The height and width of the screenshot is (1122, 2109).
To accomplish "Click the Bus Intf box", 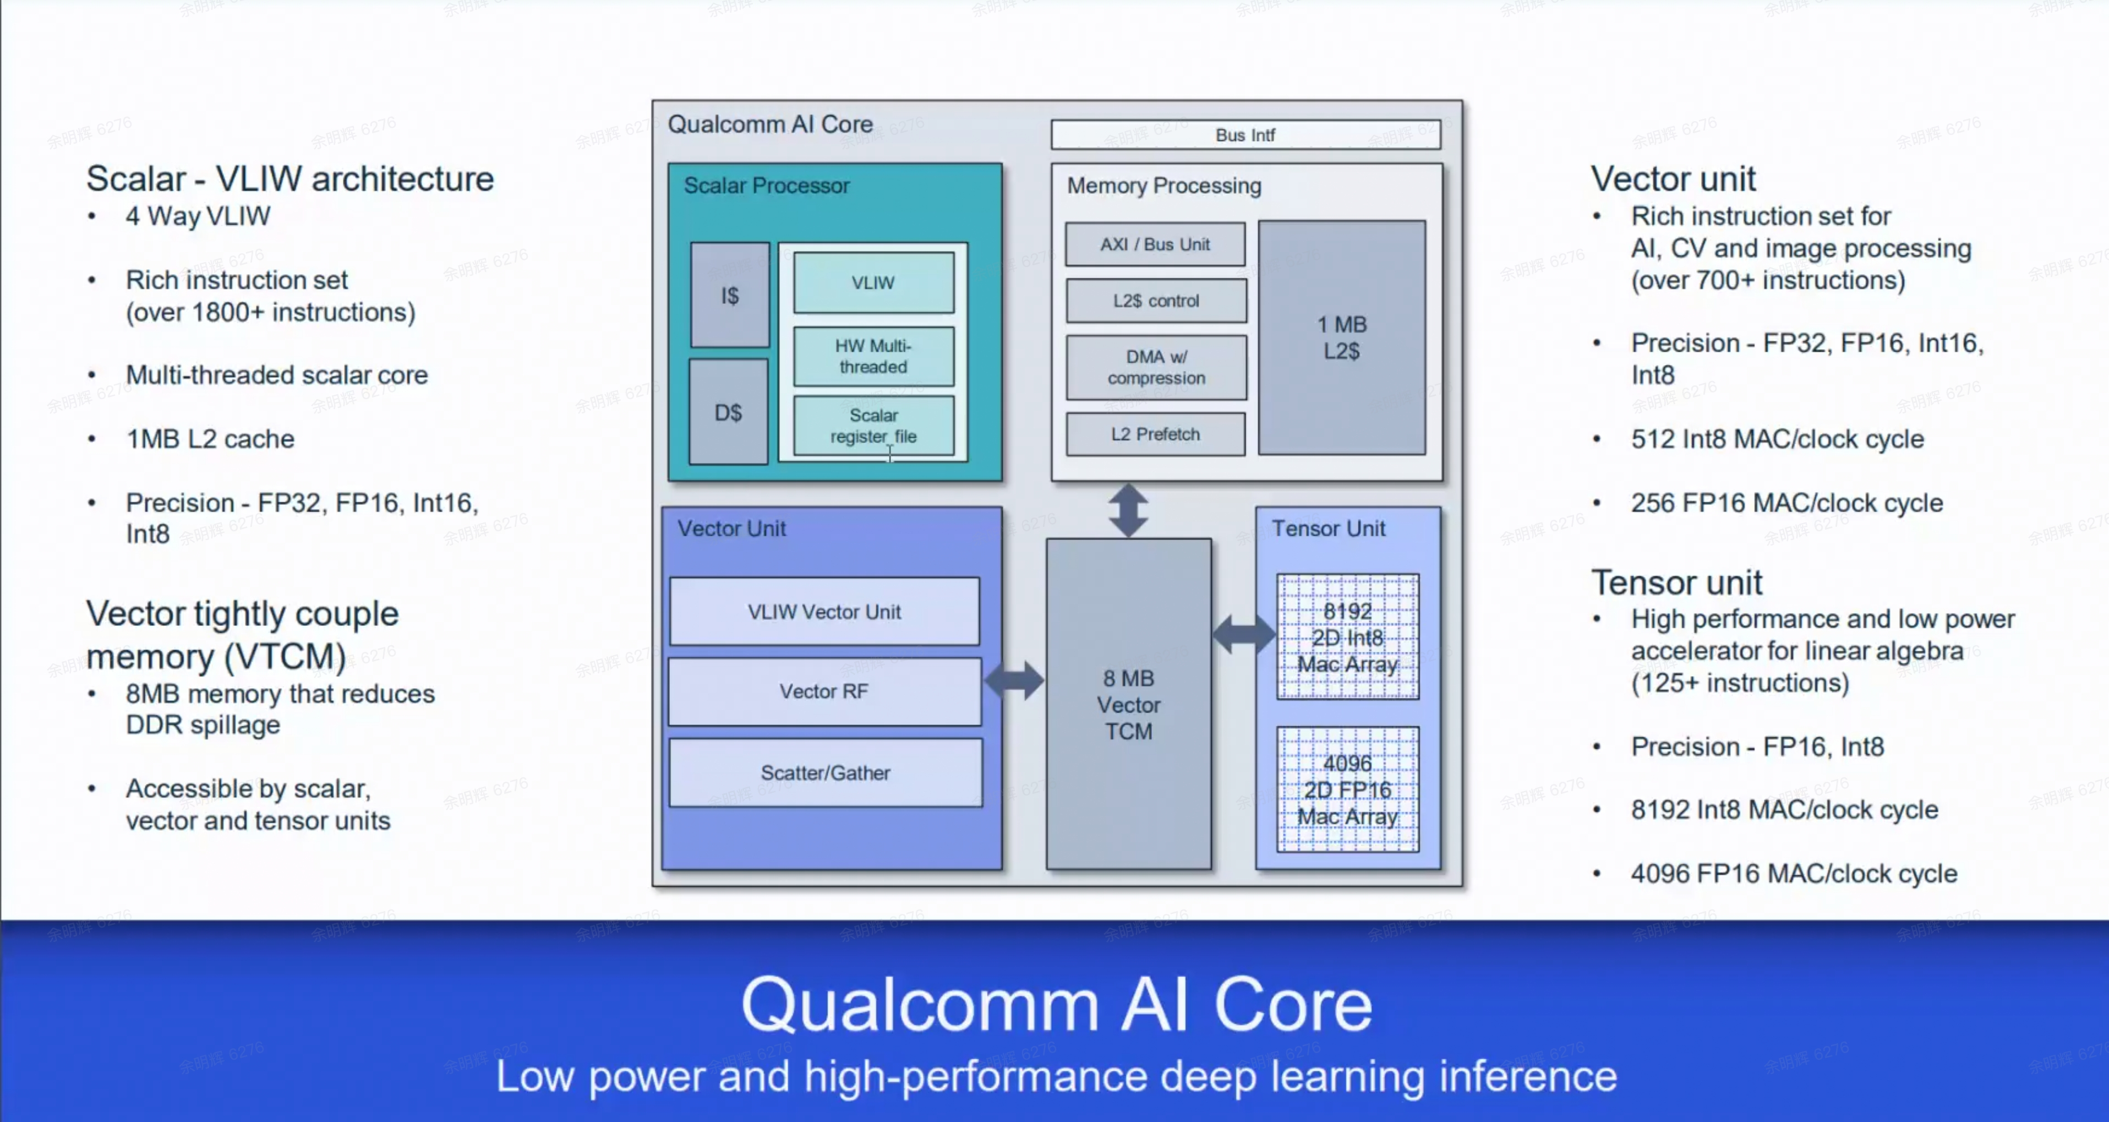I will [x=1245, y=135].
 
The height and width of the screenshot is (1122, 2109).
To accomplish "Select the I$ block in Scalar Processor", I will [x=729, y=295].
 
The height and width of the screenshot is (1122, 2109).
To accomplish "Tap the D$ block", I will [x=728, y=412].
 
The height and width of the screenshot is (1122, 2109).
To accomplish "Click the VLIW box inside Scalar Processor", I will [x=873, y=282].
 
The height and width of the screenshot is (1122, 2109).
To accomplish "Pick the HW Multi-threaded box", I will [x=873, y=356].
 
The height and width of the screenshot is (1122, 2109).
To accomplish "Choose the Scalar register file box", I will [x=873, y=426].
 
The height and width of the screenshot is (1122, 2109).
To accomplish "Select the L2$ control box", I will [x=1155, y=301].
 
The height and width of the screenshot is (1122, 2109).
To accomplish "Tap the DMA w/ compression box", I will [x=1155, y=367].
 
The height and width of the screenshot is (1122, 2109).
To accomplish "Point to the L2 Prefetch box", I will [x=1155, y=434].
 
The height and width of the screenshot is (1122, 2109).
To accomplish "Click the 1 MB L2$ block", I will [x=1341, y=337].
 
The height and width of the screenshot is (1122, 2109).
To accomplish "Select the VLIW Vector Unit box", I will [x=824, y=612].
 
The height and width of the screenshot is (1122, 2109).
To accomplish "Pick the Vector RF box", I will [x=824, y=691].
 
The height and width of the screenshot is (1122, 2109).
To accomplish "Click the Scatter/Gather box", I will [x=825, y=772].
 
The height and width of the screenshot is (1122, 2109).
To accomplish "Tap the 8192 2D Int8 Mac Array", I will [x=1347, y=637].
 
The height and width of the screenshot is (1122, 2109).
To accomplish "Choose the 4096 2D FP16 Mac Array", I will [x=1347, y=789].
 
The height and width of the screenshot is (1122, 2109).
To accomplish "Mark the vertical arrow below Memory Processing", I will [x=1128, y=509].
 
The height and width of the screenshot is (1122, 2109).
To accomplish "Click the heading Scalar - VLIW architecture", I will [x=290, y=178].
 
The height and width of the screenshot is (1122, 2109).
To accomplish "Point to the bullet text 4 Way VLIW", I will [x=198, y=216].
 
